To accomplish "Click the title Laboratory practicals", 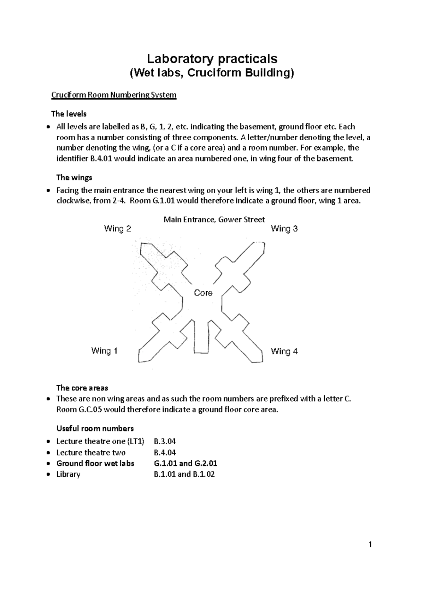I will pos(212,58).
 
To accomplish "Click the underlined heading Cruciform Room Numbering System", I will pos(114,95).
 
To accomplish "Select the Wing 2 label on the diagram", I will pos(117,229).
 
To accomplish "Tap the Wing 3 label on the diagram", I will pos(284,229).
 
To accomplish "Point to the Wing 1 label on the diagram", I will pos(104,351).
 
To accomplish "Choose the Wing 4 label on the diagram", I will pos(284,351).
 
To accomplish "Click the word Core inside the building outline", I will pos(203,293).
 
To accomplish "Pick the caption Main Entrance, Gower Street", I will pos(214,219).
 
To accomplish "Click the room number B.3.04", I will pos(165,441).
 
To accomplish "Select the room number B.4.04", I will pos(165,452).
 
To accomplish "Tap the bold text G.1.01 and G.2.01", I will pos(185,463).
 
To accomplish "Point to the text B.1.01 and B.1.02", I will pos(184,474).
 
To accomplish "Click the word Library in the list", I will pos(68,474).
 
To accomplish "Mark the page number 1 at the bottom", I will pos(370,555).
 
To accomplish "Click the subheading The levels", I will pos(69,114).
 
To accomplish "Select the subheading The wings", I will pos(74,177).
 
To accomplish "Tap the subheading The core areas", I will pos(82,388).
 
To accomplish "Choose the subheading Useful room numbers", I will pos(95,429).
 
